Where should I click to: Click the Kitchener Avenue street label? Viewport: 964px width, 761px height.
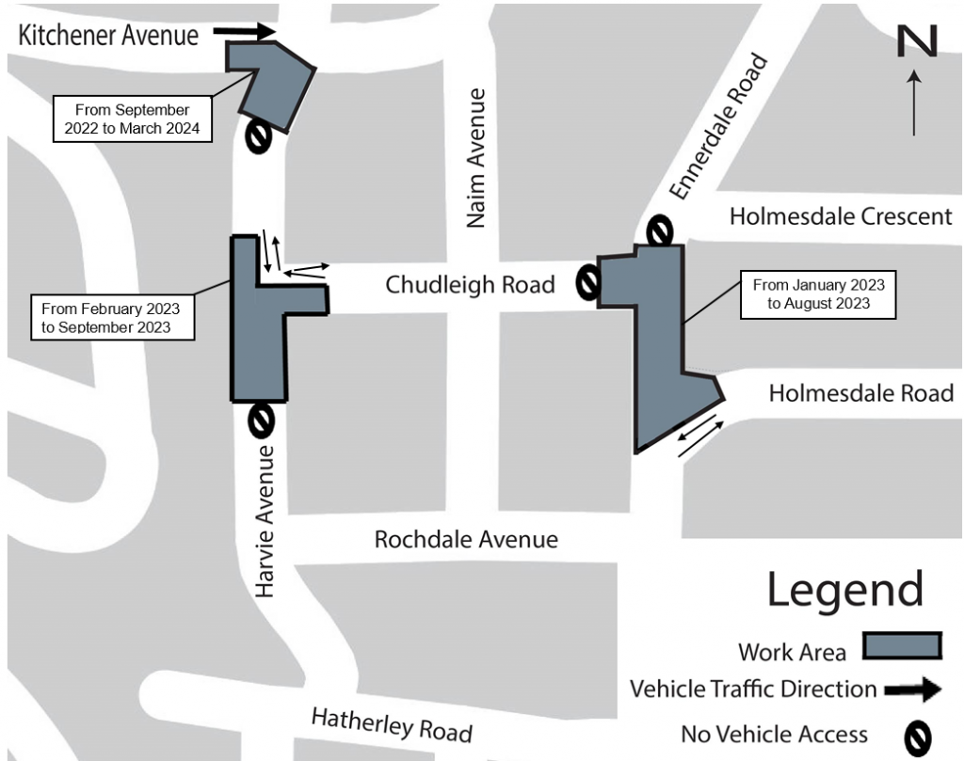pos(109,36)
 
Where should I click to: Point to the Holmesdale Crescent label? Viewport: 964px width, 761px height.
pos(841,217)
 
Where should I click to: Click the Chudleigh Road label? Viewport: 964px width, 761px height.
pos(470,284)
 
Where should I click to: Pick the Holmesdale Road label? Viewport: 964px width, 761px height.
pos(860,393)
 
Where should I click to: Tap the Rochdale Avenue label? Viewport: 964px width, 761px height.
pos(466,540)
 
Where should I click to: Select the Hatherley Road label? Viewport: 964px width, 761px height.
pos(391,723)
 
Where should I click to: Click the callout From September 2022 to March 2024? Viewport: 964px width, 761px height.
pos(132,119)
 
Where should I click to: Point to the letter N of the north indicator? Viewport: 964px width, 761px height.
pos(916,42)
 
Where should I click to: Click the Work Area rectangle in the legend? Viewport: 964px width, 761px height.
pos(902,646)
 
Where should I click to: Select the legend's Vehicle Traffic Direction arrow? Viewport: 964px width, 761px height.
pos(912,690)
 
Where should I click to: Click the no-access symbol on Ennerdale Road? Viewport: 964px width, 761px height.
pos(660,230)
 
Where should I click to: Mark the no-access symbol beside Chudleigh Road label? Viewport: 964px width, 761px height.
pos(588,282)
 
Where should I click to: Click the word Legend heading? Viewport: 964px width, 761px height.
pos(844,590)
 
